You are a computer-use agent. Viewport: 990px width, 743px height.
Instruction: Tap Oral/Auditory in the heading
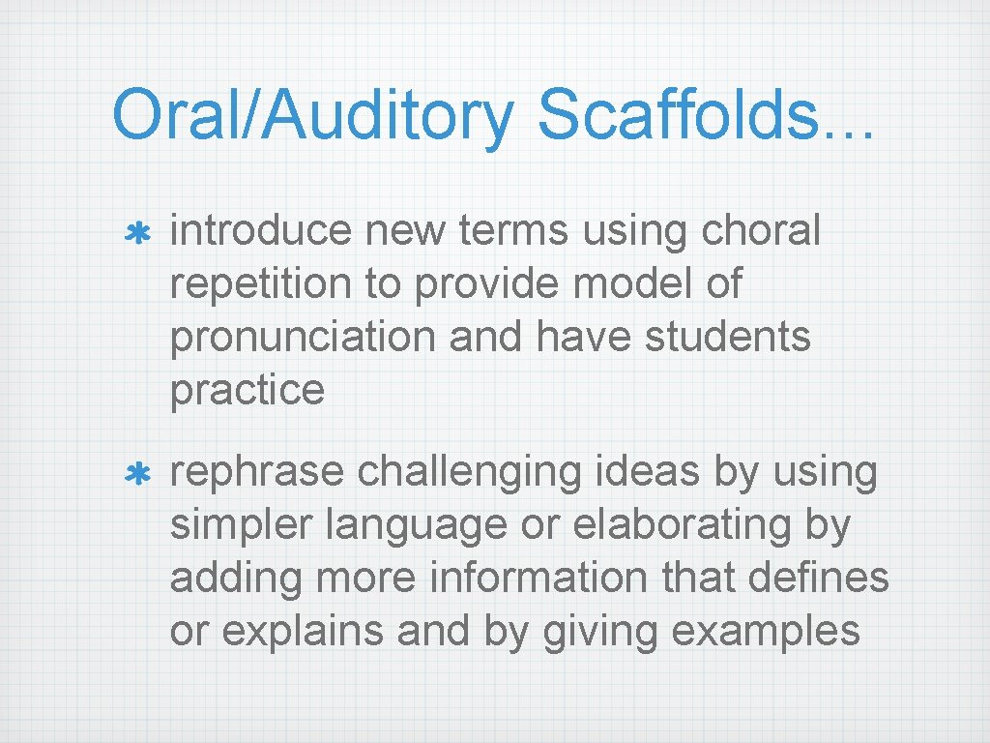click(313, 114)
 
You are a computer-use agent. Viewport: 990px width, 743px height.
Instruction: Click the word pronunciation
click(288, 338)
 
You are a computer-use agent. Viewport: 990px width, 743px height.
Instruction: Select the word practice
click(247, 390)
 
